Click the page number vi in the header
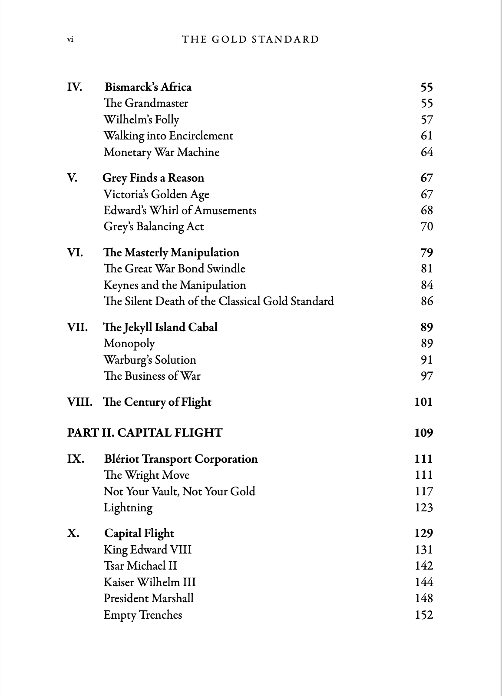coord(70,40)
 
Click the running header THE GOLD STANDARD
coord(250,40)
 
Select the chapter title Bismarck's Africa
coord(148,87)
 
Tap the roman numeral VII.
coord(77,327)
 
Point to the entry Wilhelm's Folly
coord(141,119)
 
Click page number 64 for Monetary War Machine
coord(426,152)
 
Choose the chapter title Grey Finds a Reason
coord(153,178)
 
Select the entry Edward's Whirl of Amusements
coord(180,210)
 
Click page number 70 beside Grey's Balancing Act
coord(426,227)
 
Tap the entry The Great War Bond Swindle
coord(174,269)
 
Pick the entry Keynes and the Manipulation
coord(175,285)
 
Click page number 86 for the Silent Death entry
coord(426,302)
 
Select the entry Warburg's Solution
coord(150,360)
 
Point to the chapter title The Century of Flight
coord(157,402)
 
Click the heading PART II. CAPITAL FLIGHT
coord(145,433)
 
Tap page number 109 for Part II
coord(423,433)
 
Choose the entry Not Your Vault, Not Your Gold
coord(179,491)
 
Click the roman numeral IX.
coord(76,459)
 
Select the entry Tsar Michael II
coord(140,566)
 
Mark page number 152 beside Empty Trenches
coord(423,615)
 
